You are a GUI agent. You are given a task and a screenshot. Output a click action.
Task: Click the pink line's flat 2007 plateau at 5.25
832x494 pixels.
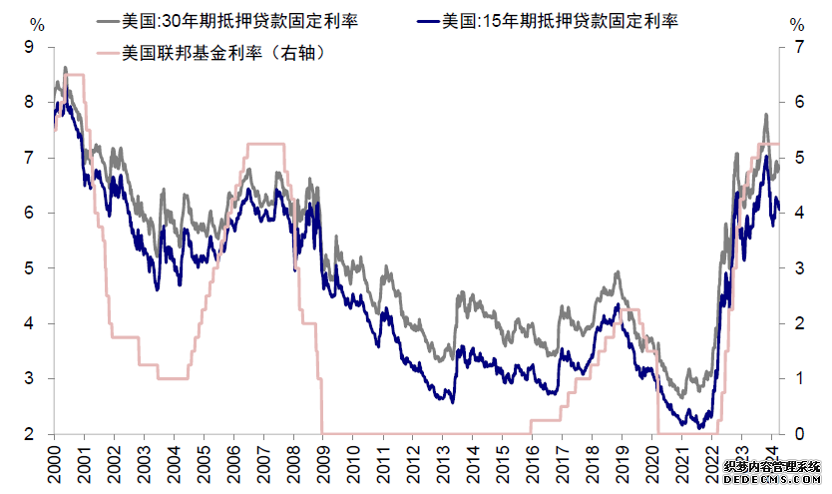click(264, 145)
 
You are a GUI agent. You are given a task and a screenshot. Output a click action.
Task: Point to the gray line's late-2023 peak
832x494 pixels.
click(765, 115)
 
